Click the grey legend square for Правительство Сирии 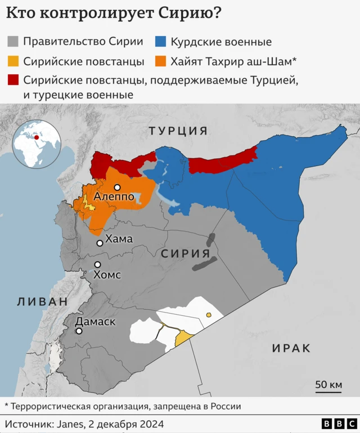[13, 42]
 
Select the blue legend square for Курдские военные [161, 42]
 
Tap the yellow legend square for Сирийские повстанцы [13, 61]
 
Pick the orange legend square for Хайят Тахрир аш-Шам [161, 61]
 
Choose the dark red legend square [13, 80]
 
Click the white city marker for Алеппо [117, 188]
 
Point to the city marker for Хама [100, 243]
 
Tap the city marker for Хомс [97, 265]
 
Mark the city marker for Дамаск [79, 331]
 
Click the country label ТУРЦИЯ [178, 131]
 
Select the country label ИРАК [291, 349]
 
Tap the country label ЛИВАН [42, 301]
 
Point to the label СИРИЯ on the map [189, 253]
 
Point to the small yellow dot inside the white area [208, 314]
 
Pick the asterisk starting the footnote [7, 405]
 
